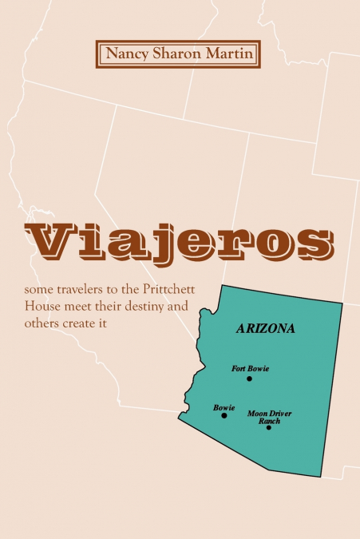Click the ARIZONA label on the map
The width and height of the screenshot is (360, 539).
[266, 328]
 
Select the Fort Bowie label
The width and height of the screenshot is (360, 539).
[250, 368]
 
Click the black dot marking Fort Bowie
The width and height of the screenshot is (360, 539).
[250, 378]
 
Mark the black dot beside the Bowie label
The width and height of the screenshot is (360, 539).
[224, 415]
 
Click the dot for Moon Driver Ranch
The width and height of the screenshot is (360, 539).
[268, 427]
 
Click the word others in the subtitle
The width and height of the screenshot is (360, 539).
[42, 323]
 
